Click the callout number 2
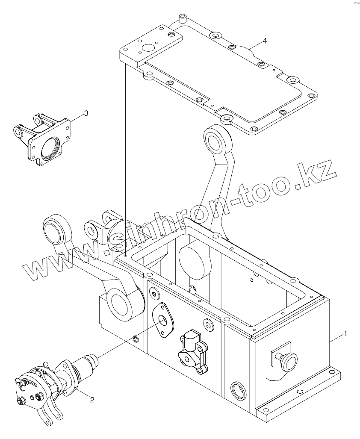[91, 400]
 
